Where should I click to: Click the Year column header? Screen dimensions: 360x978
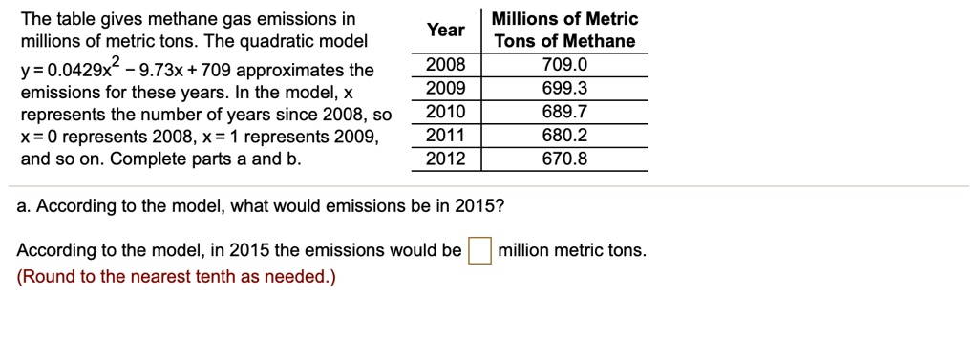(x=446, y=30)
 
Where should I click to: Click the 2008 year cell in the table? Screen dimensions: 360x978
(x=445, y=65)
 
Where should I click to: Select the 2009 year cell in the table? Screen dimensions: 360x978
(x=445, y=89)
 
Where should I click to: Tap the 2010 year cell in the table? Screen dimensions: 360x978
(x=445, y=112)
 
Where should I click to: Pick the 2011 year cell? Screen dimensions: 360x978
(x=445, y=136)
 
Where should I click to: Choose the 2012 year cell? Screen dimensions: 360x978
(x=445, y=159)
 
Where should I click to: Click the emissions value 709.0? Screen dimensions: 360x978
(x=564, y=65)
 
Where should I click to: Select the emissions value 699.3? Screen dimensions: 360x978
(x=564, y=89)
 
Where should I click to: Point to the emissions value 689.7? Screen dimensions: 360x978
(x=564, y=112)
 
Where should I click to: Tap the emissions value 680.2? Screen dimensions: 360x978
(x=564, y=136)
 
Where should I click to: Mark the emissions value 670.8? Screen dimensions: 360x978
(x=564, y=159)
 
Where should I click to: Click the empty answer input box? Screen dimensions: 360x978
(x=479, y=251)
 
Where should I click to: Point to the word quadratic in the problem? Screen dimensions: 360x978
(x=268, y=41)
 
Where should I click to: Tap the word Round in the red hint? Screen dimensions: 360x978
(x=46, y=277)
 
